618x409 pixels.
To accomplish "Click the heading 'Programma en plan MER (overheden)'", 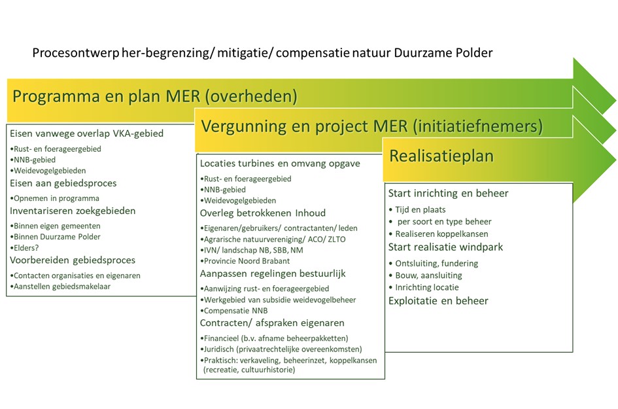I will point(155,97).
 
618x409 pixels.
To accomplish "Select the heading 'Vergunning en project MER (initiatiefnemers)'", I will point(372,126).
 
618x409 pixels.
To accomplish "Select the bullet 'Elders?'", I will point(25,248).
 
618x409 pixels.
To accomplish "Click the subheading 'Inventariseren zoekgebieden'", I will point(73,211).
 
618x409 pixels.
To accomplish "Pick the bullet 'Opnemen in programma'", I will point(56,198).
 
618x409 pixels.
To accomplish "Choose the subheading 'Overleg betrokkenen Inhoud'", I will point(263,213).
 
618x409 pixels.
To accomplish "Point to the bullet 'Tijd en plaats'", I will point(422,209).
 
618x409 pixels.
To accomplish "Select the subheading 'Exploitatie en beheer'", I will point(438,301).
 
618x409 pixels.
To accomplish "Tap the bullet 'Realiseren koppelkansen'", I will point(441,234).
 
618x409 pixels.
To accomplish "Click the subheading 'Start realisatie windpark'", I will point(445,247).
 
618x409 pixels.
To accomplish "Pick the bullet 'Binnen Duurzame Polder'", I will point(56,236).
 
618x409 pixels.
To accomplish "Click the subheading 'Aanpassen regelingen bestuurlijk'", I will point(273,274).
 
